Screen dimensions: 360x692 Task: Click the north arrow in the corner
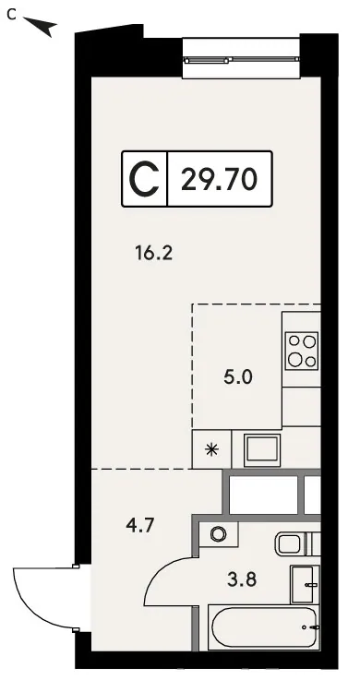(41, 26)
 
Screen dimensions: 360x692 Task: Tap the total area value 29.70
(219, 179)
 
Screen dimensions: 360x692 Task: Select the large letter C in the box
(144, 179)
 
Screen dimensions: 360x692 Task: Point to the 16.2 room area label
(153, 254)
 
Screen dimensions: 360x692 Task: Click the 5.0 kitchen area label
(237, 377)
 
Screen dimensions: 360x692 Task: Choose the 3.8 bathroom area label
(242, 579)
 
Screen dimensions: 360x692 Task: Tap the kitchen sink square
(263, 449)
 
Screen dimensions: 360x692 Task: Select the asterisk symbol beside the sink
(211, 449)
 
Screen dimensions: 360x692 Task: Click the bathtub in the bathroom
(264, 627)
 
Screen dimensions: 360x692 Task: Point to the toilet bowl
(289, 543)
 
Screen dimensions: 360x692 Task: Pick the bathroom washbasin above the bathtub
(306, 584)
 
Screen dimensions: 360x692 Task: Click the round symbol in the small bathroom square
(218, 534)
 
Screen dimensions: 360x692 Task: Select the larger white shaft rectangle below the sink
(263, 495)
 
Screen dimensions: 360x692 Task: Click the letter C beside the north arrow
(12, 15)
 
